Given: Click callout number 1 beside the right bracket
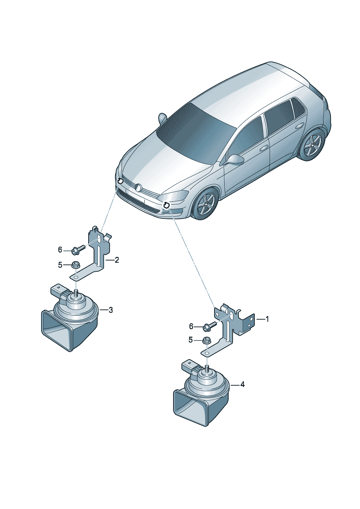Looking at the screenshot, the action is click(x=267, y=319).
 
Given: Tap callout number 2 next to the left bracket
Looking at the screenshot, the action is click(x=117, y=260).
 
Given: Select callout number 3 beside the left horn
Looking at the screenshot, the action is click(x=111, y=310).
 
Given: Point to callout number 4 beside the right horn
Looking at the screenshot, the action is click(x=242, y=385).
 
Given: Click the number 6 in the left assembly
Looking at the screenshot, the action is click(x=60, y=250).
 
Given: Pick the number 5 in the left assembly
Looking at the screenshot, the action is click(x=60, y=265).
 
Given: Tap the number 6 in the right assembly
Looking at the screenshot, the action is click(x=191, y=327).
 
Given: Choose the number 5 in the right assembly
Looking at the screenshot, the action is click(x=191, y=340).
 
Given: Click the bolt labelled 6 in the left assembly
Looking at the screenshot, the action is click(x=78, y=249).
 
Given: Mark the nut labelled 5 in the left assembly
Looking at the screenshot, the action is click(x=75, y=265).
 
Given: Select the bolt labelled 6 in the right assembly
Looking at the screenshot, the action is click(x=209, y=326).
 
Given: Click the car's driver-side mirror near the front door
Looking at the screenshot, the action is click(x=234, y=159).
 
